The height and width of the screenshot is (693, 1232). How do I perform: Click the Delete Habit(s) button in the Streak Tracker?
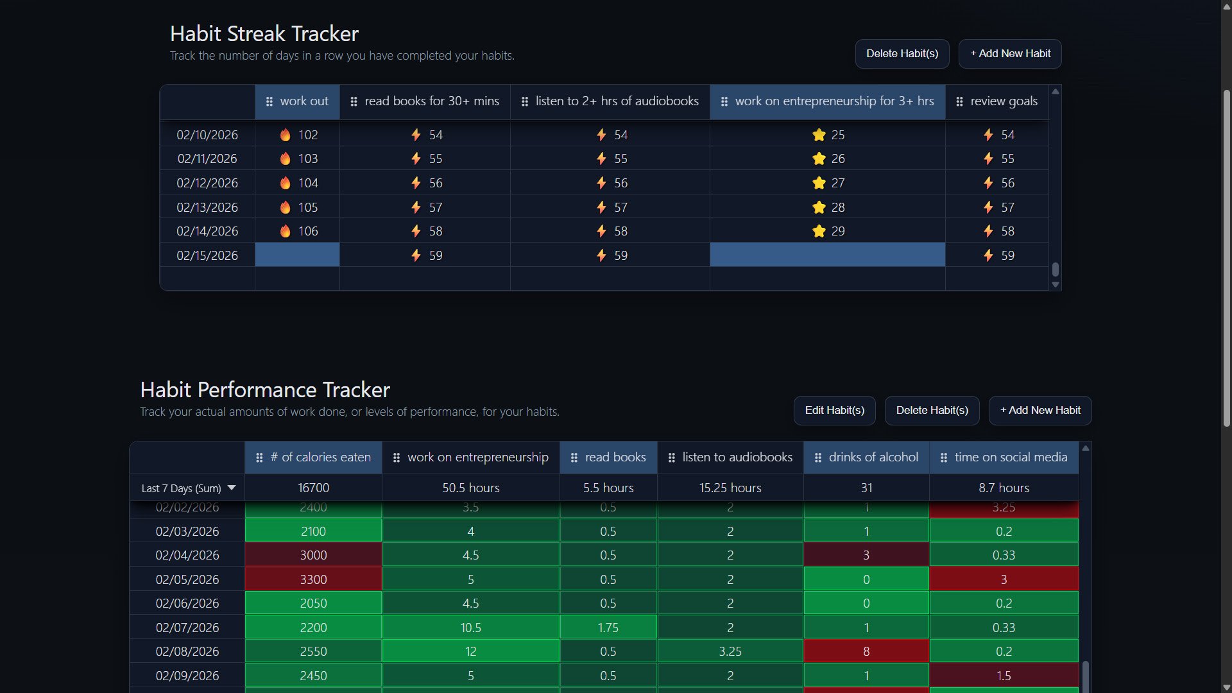point(902,54)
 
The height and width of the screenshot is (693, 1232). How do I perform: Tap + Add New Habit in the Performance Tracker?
point(1039,411)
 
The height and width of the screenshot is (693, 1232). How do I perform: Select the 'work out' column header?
point(297,101)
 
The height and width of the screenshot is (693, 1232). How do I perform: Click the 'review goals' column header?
point(997,101)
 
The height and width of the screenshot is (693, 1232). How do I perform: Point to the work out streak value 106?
point(308,231)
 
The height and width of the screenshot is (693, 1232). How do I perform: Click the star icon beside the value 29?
point(819,231)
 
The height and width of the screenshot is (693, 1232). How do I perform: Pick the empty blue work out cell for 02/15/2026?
point(297,255)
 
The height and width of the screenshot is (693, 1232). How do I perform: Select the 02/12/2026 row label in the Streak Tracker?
point(207,183)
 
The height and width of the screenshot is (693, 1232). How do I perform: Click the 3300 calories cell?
point(313,579)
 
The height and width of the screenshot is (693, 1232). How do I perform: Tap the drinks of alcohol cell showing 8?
point(866,651)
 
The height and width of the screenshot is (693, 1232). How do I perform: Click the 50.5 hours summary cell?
point(470,488)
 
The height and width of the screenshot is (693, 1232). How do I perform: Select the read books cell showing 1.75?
point(608,628)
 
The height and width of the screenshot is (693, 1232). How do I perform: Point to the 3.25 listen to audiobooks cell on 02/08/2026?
point(730,651)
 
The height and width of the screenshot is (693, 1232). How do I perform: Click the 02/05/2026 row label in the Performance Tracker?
point(187,579)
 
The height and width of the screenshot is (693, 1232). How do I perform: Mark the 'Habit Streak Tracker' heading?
point(264,33)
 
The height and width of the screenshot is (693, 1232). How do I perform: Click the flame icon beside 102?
point(286,135)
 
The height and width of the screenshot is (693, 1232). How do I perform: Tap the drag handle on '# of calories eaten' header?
point(259,458)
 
